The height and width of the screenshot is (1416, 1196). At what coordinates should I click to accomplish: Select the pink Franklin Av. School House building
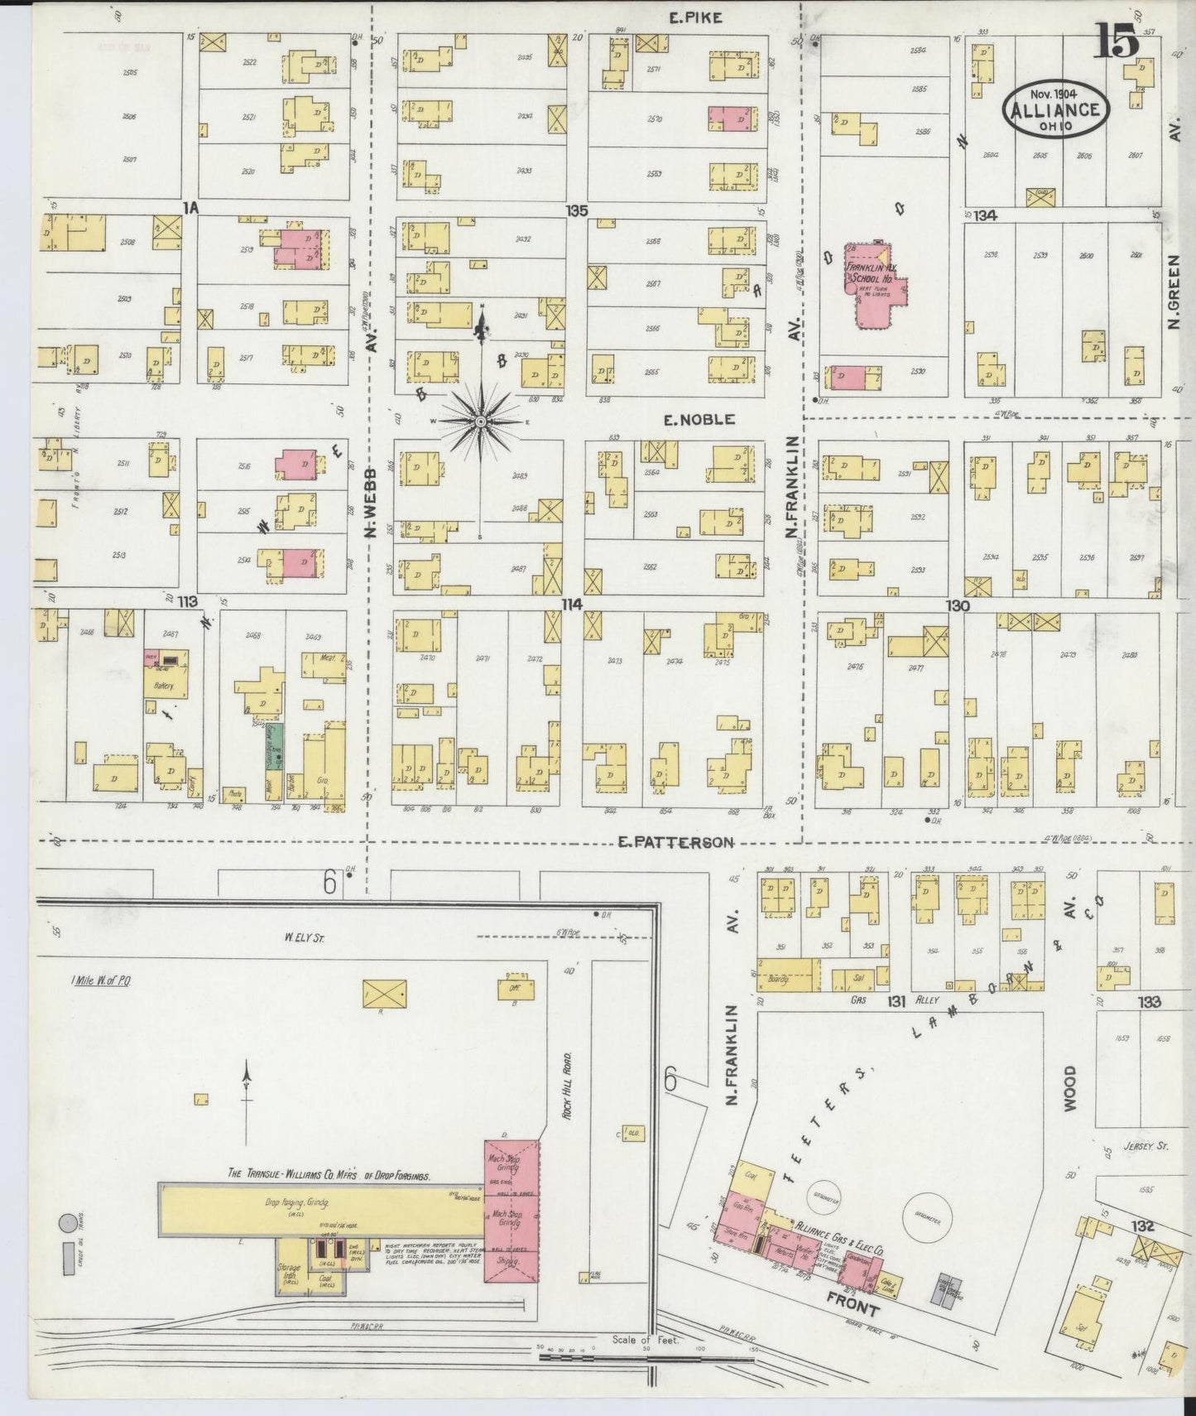874,286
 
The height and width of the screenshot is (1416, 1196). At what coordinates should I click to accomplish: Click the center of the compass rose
480,422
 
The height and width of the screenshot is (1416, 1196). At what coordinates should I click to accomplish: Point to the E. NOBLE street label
699,420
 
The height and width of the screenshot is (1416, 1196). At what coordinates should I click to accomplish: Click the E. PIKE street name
695,17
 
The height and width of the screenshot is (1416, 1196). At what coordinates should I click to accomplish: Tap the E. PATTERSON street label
676,842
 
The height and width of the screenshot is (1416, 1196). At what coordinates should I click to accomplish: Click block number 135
577,211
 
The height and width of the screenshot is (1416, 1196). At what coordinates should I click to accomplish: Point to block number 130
958,606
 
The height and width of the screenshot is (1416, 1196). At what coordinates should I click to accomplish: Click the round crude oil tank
67,1222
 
